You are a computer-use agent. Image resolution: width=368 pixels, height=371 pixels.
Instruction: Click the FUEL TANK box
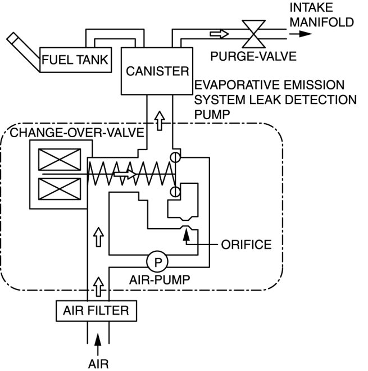click(x=76, y=58)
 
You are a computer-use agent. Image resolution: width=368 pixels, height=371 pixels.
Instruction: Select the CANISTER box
click(x=157, y=71)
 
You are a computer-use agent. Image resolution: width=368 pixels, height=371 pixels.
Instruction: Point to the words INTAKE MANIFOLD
click(x=322, y=15)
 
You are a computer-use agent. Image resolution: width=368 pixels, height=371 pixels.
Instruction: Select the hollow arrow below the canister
click(x=160, y=120)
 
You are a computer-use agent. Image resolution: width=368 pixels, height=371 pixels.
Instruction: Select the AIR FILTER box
click(x=96, y=310)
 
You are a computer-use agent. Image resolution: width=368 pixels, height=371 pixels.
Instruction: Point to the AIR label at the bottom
click(x=98, y=363)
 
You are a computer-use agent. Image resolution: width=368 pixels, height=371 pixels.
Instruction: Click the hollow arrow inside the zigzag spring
click(x=125, y=175)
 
